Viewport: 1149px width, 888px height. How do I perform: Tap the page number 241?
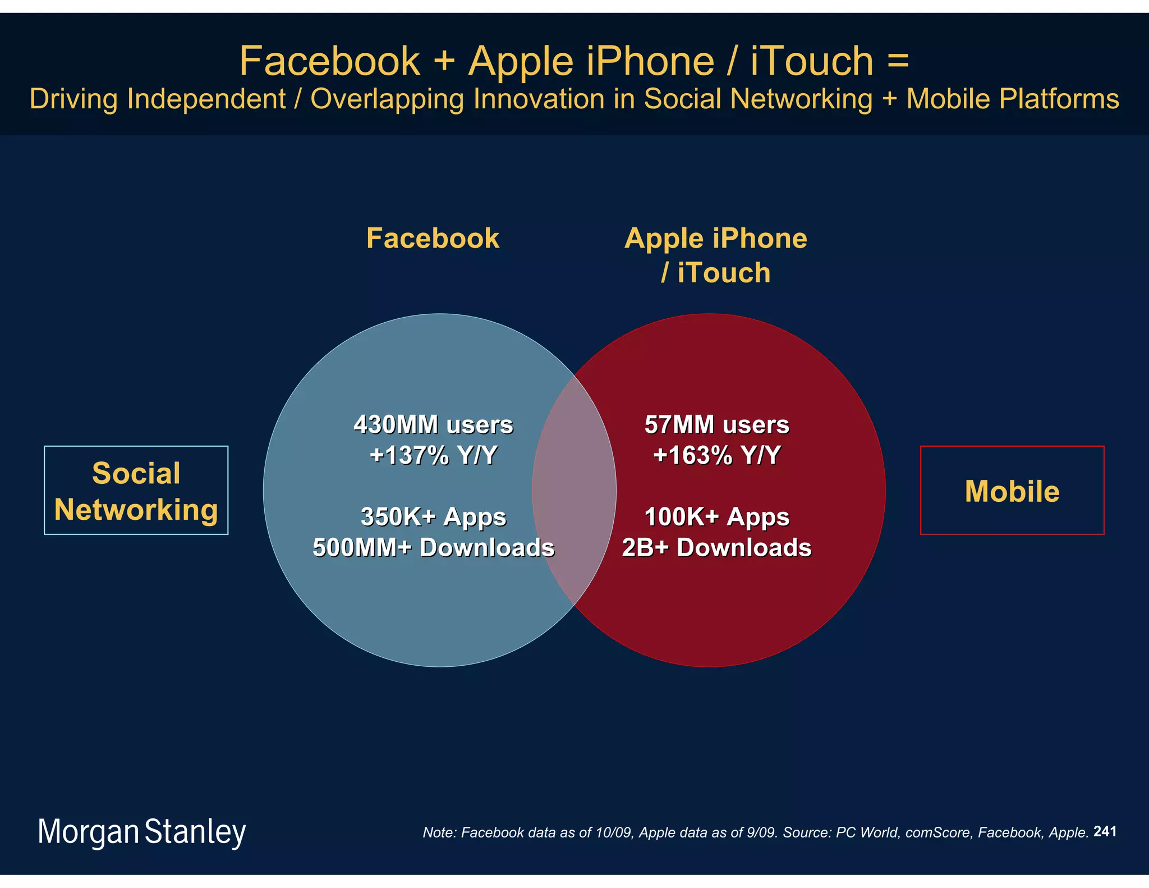(1105, 831)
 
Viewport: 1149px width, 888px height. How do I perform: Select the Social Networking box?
(136, 490)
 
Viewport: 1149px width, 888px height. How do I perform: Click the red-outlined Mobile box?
(1012, 490)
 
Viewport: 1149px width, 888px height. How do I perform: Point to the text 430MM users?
(433, 424)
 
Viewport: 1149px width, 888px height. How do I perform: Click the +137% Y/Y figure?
(433, 455)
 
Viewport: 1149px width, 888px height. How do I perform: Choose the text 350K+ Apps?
(433, 516)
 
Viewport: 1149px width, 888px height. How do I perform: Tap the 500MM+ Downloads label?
(433, 547)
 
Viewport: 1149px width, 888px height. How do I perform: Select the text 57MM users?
(716, 424)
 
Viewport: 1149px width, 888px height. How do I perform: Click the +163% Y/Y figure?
(716, 455)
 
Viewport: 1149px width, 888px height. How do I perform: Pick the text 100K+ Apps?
(716, 516)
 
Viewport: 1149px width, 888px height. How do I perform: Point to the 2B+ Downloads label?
(716, 547)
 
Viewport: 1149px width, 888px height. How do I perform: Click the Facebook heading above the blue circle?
(433, 238)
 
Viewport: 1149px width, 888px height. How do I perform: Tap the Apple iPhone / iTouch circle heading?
(715, 255)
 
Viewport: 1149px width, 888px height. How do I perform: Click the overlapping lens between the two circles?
(574, 490)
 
